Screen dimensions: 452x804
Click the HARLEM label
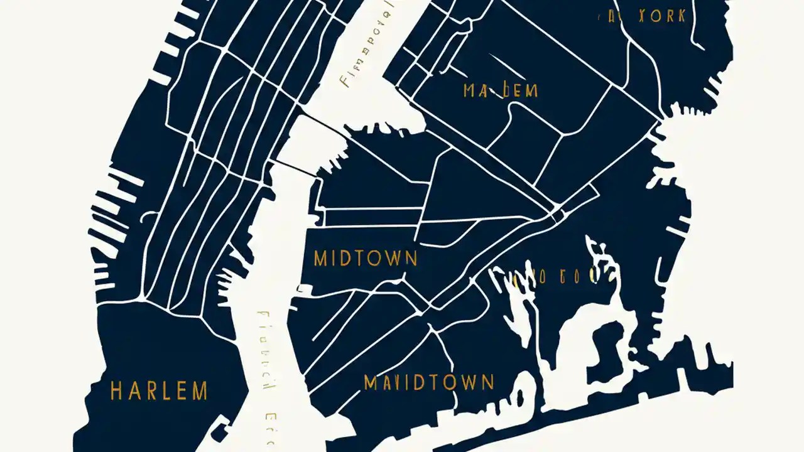159,391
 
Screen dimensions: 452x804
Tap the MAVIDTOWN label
429,382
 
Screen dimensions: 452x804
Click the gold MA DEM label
501,90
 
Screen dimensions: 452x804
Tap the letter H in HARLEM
116,391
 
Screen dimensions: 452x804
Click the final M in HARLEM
200,391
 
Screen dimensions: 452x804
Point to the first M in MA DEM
470,90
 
